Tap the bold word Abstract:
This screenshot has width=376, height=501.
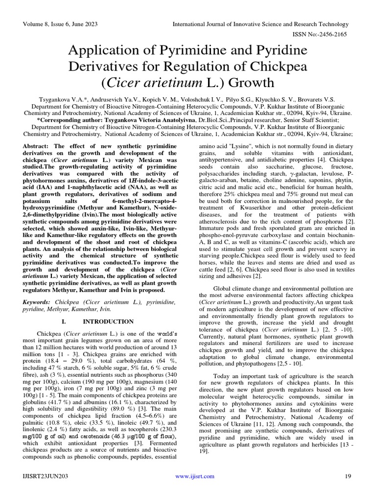[x=37, y=147]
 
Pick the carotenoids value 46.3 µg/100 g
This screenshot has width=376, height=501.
[x=125, y=436]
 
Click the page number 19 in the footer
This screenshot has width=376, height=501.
[x=348, y=476]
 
